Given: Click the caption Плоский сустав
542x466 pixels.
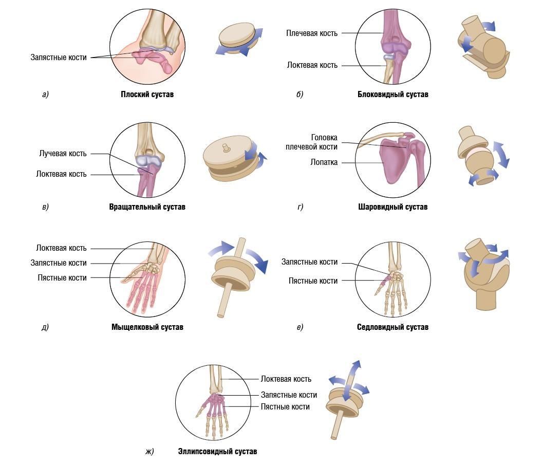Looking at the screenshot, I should [147, 95].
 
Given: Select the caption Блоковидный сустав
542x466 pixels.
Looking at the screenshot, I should [393, 95].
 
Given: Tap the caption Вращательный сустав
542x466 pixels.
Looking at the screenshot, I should [147, 207].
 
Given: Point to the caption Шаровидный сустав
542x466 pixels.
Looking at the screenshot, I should [393, 207].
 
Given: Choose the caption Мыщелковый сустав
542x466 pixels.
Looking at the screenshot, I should [147, 327].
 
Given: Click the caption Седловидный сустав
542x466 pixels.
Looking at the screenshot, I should [393, 327].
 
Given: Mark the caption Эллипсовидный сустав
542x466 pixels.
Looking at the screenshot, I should [217, 452].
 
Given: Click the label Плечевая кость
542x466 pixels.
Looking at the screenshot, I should [312, 33].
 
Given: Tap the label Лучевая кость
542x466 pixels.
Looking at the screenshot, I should [63, 154].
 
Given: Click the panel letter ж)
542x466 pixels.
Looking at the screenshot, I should [149, 452].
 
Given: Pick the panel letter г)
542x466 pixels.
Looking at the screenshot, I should [300, 207].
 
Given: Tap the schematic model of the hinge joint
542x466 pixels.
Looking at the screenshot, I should [482, 49].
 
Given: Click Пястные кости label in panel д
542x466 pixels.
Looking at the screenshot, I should [62, 277].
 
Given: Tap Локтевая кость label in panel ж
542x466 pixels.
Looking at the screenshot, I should [286, 379].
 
